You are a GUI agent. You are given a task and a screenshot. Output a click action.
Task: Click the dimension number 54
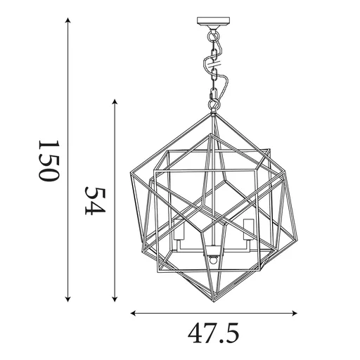(95, 201)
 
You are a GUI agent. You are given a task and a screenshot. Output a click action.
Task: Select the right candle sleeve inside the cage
(247, 226)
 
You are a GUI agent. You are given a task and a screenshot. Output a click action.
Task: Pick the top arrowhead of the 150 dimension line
(68, 21)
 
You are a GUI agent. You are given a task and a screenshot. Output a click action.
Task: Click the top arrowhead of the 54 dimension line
(115, 103)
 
